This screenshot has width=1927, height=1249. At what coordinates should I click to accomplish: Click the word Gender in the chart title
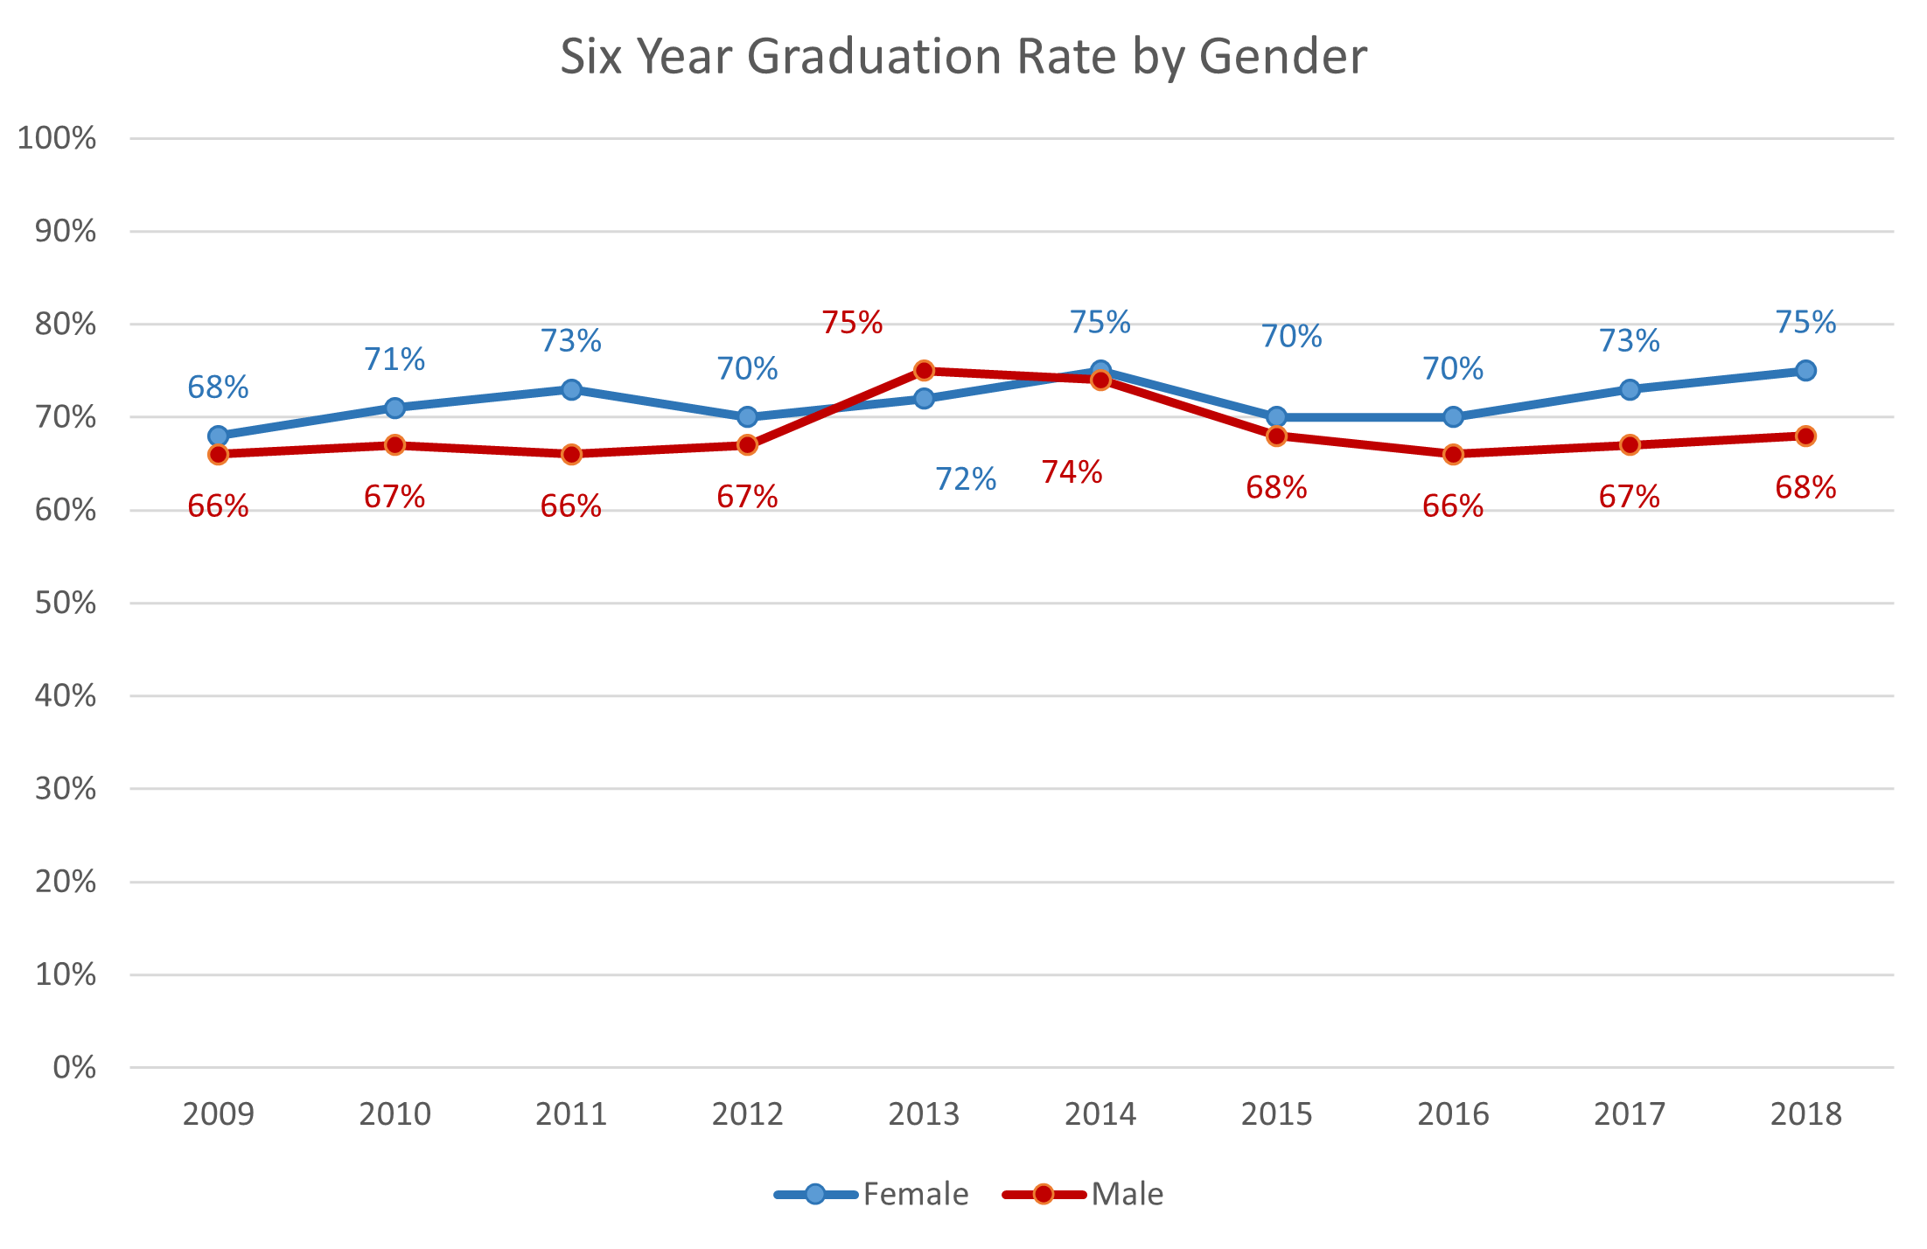1282,58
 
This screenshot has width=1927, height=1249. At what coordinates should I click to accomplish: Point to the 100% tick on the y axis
57,138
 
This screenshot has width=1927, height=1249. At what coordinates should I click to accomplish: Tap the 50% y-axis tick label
66,603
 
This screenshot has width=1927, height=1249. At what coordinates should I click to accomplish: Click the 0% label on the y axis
74,1067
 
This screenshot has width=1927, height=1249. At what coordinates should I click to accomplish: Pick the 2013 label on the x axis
924,1114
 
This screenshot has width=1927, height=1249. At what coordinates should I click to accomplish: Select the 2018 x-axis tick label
1805,1114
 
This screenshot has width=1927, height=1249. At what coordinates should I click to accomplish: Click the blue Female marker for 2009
219,436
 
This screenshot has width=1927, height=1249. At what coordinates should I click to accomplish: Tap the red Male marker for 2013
924,371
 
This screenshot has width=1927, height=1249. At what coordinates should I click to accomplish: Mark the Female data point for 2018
1805,371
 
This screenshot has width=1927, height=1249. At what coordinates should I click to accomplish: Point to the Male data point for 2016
1453,454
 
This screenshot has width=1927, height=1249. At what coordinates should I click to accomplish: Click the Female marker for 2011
571,389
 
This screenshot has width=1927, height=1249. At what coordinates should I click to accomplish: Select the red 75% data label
852,323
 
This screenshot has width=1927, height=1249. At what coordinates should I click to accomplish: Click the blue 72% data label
966,479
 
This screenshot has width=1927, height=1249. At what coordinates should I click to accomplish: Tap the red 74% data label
1072,472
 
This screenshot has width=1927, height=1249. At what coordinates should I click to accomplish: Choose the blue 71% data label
394,359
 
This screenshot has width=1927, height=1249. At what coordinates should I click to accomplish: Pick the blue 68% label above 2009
219,387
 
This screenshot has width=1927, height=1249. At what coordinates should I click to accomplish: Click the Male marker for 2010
394,445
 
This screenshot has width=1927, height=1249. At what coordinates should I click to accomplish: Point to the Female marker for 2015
1276,417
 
